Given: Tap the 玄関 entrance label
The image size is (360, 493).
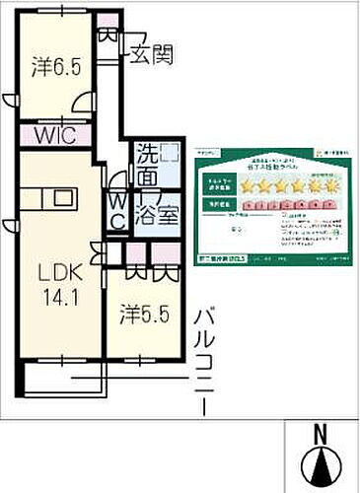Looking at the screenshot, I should tap(149, 55).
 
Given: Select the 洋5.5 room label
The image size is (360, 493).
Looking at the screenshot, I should tap(139, 317).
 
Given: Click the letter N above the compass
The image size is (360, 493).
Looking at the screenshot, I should tap(321, 433).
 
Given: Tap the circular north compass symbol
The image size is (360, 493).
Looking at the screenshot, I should tap(321, 466).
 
